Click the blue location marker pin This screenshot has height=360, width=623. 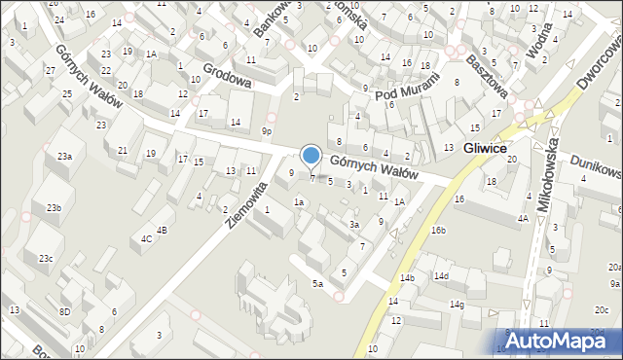pyautogui.click(x=311, y=156)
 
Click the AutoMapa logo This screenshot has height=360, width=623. pyautogui.click(x=562, y=341)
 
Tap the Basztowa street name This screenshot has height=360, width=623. pyautogui.click(x=487, y=74)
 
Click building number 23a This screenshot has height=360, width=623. pyautogui.click(x=64, y=157)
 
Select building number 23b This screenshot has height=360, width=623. pyautogui.click(x=54, y=207)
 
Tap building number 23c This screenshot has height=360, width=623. pyautogui.click(x=46, y=258)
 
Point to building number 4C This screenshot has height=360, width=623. pyautogui.click(x=147, y=238)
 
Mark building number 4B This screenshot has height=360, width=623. pyautogui.click(x=163, y=230)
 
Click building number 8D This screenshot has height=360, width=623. pyautogui.click(x=64, y=311)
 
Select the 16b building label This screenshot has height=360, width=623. pyautogui.click(x=439, y=231)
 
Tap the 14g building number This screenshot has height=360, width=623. pyautogui.click(x=456, y=305)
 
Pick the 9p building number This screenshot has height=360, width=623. pyautogui.click(x=267, y=130)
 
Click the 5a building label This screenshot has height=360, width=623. pyautogui.click(x=317, y=283)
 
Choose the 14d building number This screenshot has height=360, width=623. pyautogui.click(x=442, y=276)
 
